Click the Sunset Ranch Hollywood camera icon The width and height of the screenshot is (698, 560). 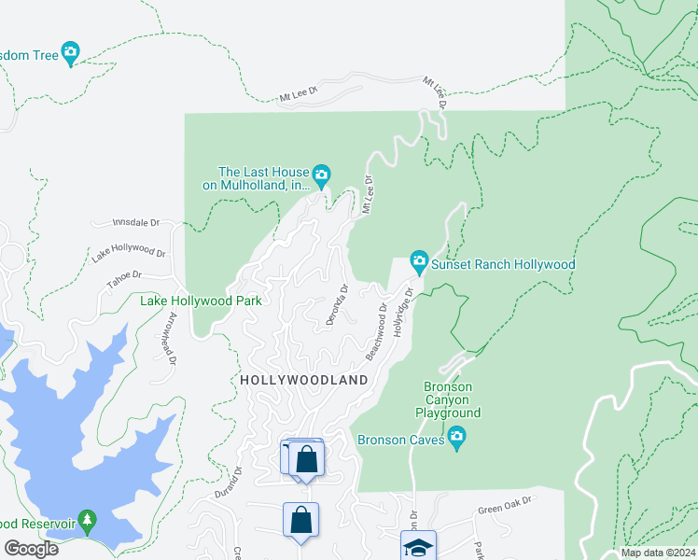click(x=419, y=264)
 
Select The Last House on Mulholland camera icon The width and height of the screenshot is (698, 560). click(x=322, y=175)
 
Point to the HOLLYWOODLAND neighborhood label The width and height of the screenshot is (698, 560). click(x=304, y=381)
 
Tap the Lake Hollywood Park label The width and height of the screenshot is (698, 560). click(x=201, y=301)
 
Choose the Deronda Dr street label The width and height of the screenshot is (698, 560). click(x=337, y=304)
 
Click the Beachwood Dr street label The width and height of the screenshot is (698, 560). click(x=377, y=332)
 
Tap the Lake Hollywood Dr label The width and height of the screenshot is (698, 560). click(x=128, y=252)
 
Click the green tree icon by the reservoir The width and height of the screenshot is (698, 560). click(x=88, y=520)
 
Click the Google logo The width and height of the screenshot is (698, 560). click(x=31, y=549)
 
